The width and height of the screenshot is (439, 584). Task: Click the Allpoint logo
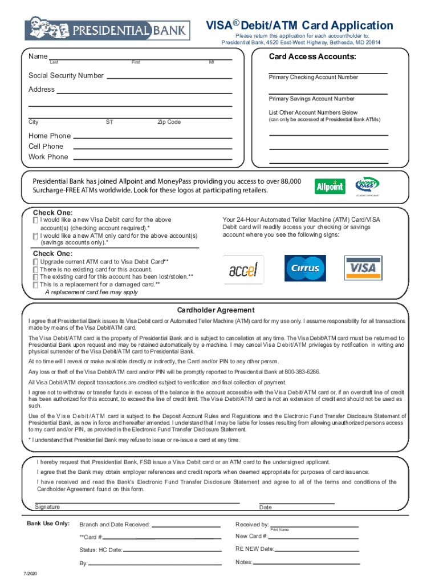(x=330, y=186)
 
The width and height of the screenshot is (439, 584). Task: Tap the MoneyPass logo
(x=367, y=185)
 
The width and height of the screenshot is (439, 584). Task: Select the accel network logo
(x=243, y=269)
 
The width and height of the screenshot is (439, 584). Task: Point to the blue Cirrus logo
(x=305, y=268)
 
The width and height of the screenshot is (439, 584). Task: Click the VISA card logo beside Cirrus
(x=363, y=267)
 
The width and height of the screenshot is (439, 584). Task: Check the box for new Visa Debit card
(x=36, y=220)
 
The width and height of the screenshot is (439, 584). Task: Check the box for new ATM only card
(x=36, y=236)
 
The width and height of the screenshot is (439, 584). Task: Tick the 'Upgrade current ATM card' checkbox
(x=36, y=262)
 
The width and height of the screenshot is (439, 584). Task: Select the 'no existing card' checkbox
(x=36, y=269)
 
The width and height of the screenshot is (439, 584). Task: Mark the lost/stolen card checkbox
(x=36, y=277)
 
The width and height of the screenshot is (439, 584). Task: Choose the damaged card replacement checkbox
(x=36, y=284)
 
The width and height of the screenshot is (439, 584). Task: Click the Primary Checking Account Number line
(x=328, y=72)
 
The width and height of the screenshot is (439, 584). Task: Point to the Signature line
(x=137, y=502)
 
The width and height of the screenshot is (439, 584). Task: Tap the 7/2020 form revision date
(x=30, y=573)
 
